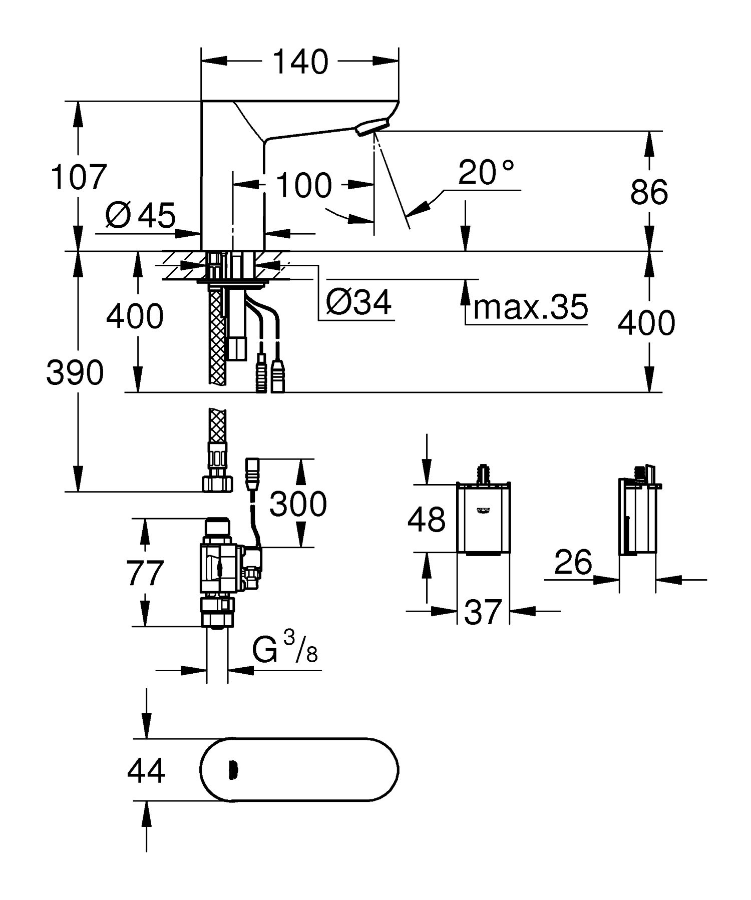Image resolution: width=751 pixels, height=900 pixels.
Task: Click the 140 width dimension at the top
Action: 300,62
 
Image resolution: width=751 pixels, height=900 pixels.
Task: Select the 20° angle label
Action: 486,173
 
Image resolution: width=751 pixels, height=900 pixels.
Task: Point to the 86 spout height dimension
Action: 649,192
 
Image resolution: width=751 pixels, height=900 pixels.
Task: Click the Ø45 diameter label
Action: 141,216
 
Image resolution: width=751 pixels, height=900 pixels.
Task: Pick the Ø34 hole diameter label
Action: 359,302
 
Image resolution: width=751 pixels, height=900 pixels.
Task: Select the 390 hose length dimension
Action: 75,372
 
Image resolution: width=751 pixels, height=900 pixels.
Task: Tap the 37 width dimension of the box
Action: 483,612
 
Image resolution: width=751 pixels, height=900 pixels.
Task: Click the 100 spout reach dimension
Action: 303,185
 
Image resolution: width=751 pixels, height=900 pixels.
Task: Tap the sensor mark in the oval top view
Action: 232,770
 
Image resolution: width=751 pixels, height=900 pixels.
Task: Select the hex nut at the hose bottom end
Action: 218,484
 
